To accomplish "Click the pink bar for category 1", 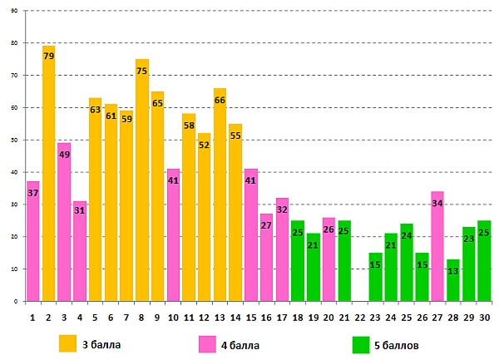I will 32,241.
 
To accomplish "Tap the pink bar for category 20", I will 329,259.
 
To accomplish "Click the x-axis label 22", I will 359,317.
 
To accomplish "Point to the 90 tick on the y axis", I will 14,11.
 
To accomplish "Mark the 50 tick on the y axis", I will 14,140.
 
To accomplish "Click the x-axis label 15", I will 250,317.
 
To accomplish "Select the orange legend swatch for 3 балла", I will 67,343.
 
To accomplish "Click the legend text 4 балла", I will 245,343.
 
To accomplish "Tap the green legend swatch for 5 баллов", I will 360,343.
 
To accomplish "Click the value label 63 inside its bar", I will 95,109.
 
